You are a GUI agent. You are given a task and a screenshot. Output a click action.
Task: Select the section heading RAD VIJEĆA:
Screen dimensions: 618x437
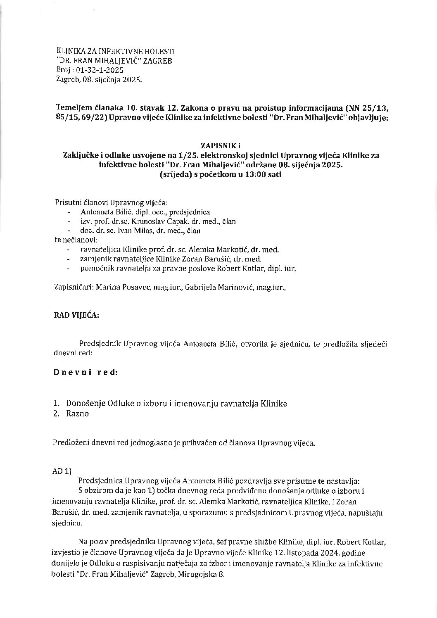[x=76, y=315]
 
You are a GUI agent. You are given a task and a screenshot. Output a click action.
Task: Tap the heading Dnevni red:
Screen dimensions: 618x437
[x=85, y=372]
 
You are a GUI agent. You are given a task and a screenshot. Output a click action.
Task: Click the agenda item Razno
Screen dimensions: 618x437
[x=77, y=414]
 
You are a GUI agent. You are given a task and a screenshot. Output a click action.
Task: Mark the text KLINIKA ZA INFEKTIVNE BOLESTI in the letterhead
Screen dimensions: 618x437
[x=115, y=52]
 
